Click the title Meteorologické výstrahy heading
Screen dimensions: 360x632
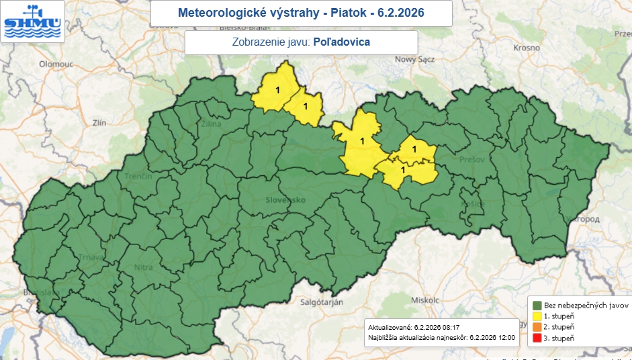click(x=301, y=13)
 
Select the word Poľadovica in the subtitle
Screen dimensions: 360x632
click(x=342, y=42)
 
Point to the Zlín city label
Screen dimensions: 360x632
click(x=100, y=123)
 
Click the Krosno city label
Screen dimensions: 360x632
click(x=527, y=48)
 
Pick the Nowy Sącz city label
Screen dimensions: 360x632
click(x=415, y=59)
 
